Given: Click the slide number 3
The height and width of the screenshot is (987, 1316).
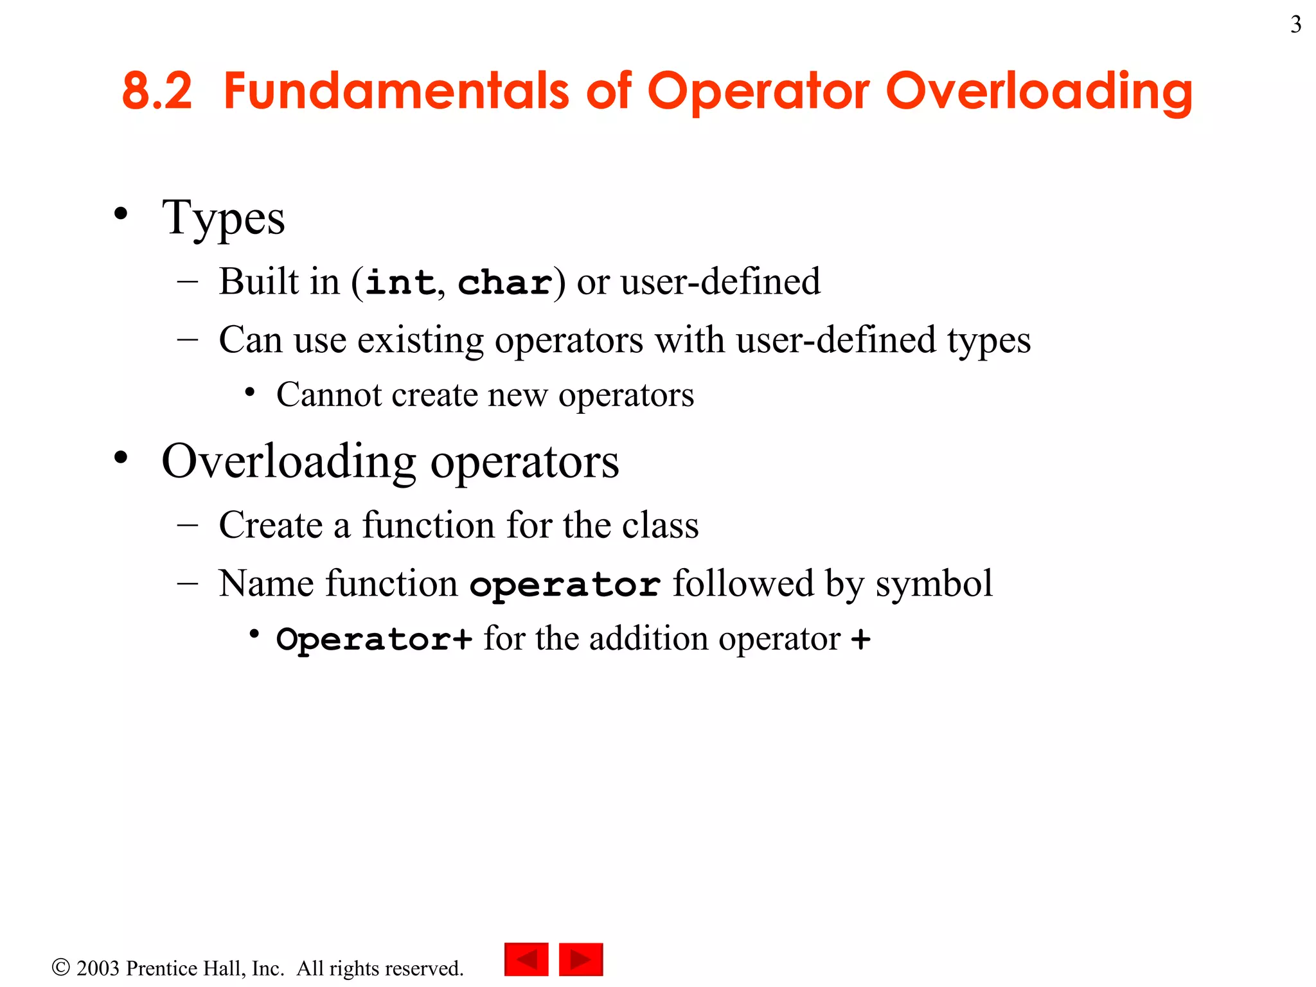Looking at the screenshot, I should tap(1295, 25).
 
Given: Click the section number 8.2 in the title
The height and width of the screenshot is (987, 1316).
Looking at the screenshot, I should tap(157, 91).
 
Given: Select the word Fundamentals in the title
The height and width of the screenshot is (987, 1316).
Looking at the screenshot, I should tap(396, 91).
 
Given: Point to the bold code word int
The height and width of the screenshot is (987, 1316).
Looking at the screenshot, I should tap(400, 283).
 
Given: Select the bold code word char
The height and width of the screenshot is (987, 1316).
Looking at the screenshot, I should tap(505, 283).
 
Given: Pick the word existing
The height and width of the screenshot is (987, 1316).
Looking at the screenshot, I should tap(420, 340).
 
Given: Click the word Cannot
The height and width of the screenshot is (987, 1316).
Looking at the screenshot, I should tap(329, 395).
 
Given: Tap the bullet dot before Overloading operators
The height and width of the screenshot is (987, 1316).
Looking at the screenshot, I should tap(121, 458).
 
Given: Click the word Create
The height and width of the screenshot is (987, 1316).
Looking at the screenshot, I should tap(271, 525).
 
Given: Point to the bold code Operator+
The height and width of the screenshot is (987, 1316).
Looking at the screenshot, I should tap(374, 639).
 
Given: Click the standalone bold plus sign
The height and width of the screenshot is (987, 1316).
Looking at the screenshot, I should tap(860, 639).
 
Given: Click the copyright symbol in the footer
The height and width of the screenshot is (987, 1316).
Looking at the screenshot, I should tap(60, 967).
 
